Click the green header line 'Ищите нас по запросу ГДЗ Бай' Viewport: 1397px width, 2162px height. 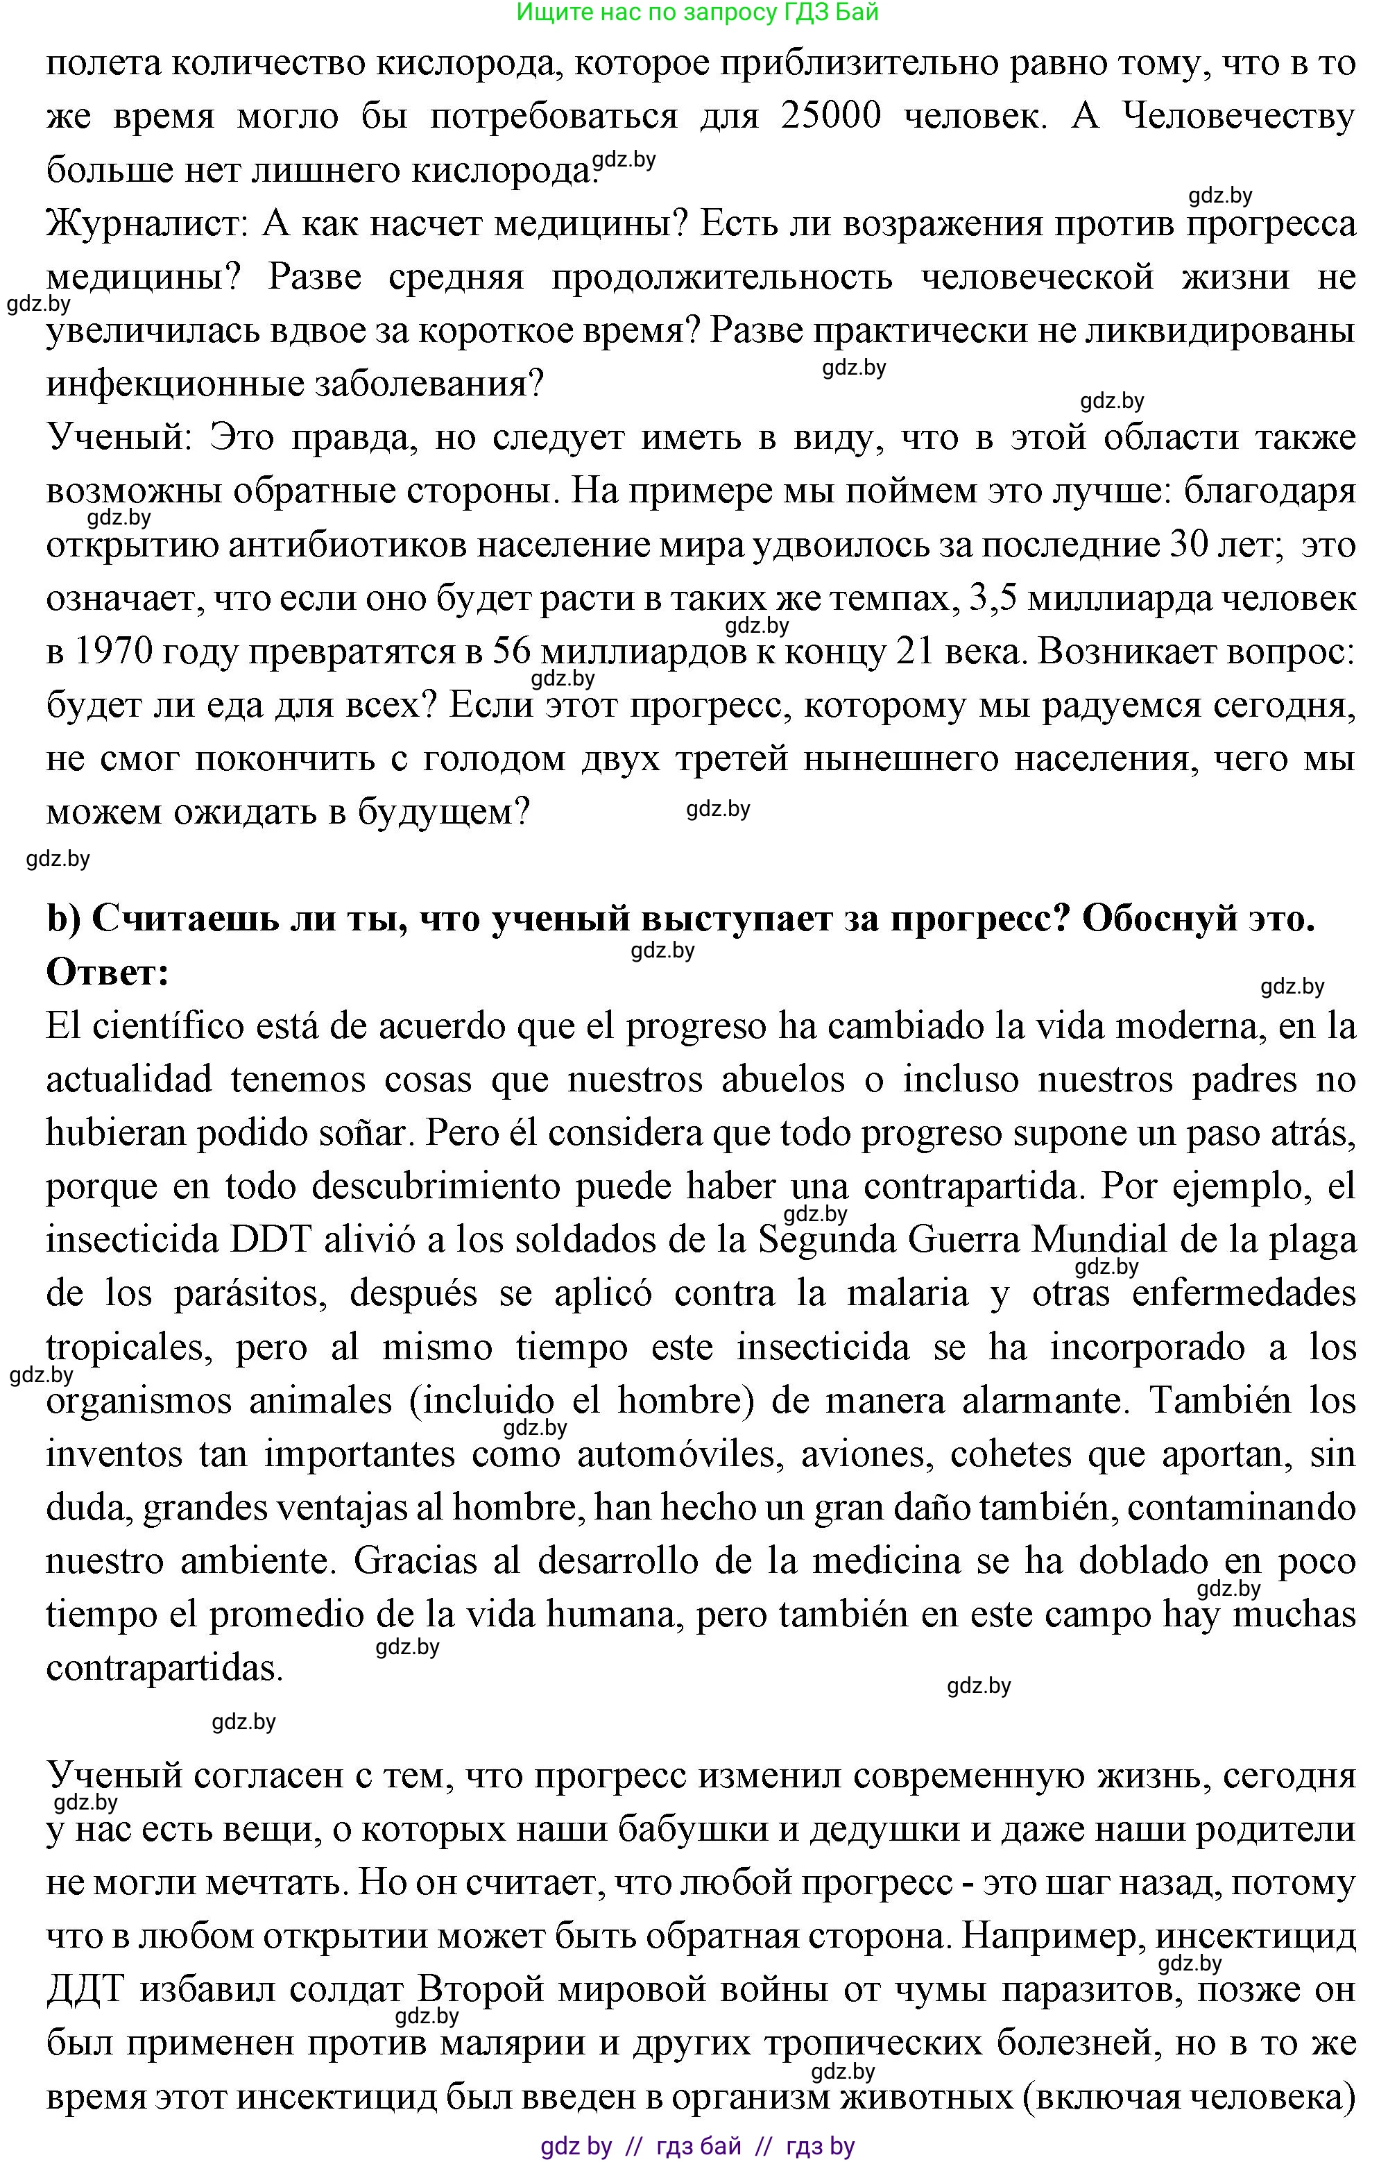point(696,12)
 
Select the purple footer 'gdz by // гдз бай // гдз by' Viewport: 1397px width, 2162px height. point(696,2145)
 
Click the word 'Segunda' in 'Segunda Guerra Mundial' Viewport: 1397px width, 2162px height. point(825,1240)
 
